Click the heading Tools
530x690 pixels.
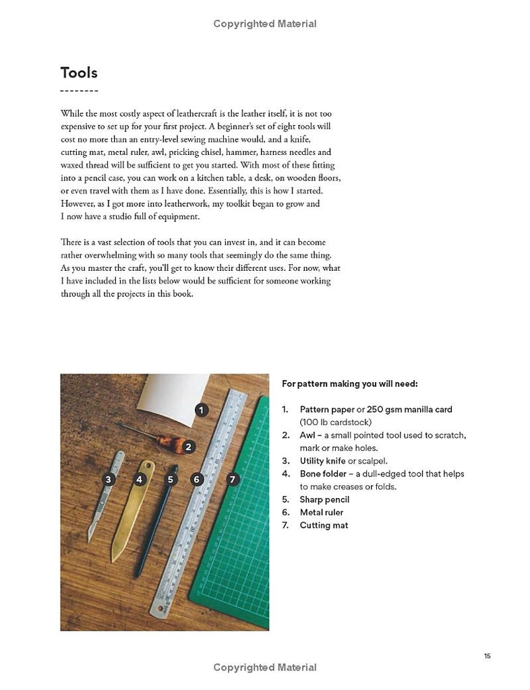coord(79,73)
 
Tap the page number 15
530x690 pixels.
coord(487,656)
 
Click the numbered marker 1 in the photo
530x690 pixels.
coord(201,409)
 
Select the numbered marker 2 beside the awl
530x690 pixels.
coord(189,446)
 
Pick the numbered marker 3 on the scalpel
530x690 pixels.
coord(108,480)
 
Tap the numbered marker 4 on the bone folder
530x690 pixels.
coord(140,480)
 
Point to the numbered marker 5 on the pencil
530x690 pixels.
coord(171,480)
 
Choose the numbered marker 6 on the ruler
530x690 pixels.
coord(197,480)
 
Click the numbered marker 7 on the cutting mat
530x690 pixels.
coord(233,479)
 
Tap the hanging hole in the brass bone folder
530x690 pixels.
coord(146,466)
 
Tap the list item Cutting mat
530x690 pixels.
coord(324,525)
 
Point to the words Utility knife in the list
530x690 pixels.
coord(323,461)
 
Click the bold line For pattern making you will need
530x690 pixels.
coord(349,383)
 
